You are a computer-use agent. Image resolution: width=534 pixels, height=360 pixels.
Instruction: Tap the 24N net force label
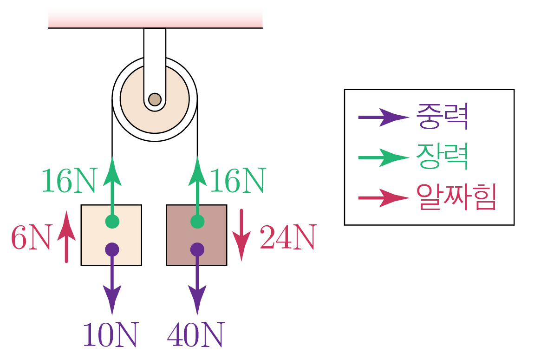[287, 238]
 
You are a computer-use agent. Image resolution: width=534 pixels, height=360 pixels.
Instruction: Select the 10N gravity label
[111, 335]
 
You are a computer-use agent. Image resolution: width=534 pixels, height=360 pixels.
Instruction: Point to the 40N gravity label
[195, 335]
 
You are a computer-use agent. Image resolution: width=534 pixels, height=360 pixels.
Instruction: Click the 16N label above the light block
[68, 181]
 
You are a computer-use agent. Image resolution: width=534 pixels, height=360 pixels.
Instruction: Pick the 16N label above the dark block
[237, 181]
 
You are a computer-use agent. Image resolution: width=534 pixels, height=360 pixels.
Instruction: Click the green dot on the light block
[112, 221]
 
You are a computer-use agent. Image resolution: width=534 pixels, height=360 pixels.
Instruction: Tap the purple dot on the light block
[112, 249]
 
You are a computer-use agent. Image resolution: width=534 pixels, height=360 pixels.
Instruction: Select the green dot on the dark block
[197, 221]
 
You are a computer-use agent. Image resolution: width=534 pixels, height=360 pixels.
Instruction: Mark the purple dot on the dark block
[197, 249]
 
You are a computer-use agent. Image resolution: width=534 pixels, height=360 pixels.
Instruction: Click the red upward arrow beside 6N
[66, 237]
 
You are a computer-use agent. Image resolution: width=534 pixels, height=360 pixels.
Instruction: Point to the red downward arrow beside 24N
[241, 235]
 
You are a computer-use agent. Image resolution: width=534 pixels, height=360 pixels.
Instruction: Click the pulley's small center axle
[155, 99]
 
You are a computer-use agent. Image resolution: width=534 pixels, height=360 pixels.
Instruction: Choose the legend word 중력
[442, 117]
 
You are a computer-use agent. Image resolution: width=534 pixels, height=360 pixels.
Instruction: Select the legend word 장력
[442, 157]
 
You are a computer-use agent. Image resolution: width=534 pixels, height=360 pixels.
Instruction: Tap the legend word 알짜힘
[456, 198]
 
